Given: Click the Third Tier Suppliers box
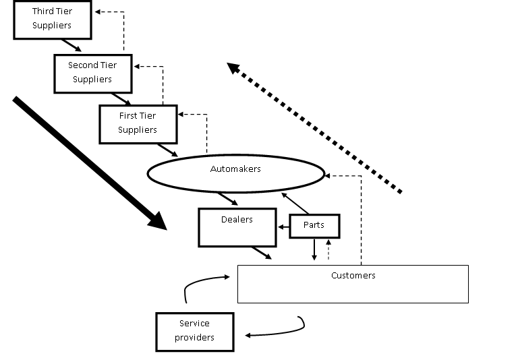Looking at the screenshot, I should coord(52,19).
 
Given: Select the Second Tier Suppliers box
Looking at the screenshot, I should coord(92,73).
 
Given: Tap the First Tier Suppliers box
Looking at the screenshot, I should coord(138,124).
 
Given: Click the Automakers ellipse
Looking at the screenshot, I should coord(235,173).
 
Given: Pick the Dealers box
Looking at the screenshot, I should coord(237,227).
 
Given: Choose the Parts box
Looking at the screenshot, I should coord(314,226).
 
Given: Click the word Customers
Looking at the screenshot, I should coord(353,276).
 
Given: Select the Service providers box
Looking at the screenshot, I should coord(194,331).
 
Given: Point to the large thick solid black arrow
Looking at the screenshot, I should coord(88,162).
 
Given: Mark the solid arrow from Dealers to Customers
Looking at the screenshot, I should coord(261,253).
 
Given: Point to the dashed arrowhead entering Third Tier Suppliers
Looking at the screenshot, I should coord(98,12).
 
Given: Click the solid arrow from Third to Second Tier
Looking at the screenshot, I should coord(71,45).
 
